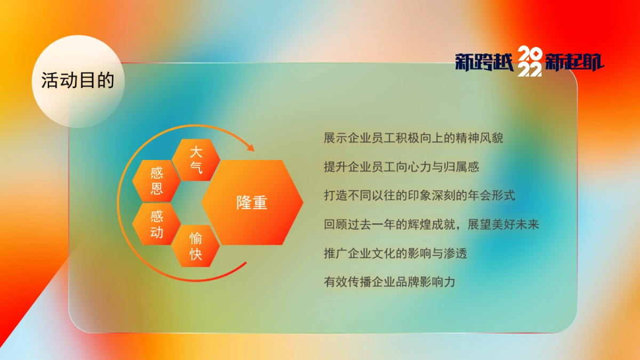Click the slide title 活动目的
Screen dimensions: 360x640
78,81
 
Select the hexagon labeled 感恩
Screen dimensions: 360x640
156,181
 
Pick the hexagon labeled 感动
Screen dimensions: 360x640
156,224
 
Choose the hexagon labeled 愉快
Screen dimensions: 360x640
196,246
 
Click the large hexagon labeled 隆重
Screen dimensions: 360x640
252,203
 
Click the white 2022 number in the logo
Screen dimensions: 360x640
530,62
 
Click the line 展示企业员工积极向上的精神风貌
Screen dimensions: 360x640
413,138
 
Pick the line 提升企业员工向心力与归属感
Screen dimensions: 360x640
401,167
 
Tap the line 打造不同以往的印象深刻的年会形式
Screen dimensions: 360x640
419,195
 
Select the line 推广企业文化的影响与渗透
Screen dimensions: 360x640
395,253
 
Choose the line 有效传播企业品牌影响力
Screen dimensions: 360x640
389,282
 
